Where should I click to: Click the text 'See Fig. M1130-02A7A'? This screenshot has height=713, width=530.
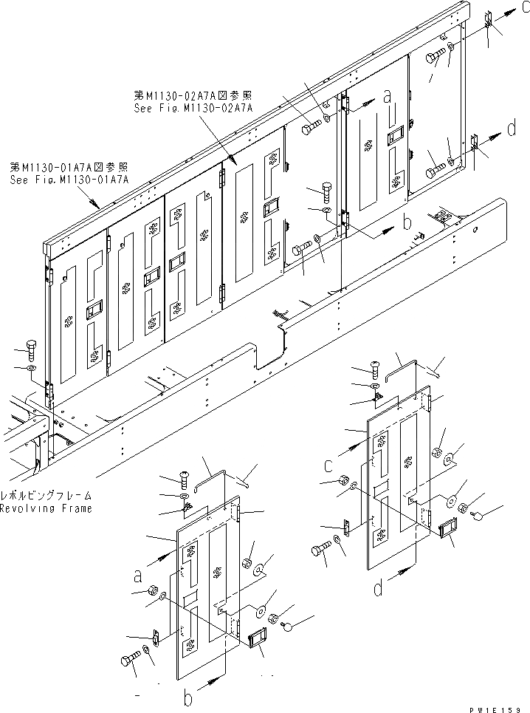(193, 108)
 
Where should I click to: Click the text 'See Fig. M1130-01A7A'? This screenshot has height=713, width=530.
(69, 180)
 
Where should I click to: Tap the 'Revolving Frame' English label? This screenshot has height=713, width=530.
(46, 509)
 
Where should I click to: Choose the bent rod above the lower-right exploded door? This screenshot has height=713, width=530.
(405, 365)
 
